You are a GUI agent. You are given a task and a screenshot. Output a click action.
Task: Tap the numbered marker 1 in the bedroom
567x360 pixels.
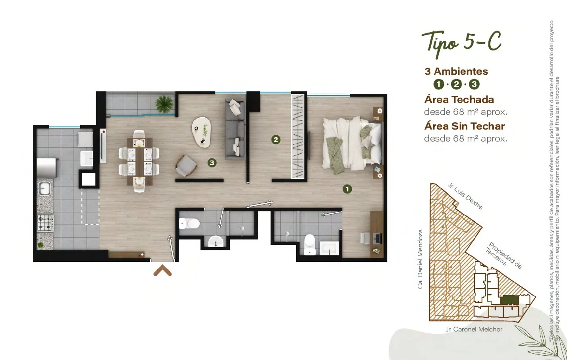tap(347, 189)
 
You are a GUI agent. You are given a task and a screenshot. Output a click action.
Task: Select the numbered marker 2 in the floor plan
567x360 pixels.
tap(276, 139)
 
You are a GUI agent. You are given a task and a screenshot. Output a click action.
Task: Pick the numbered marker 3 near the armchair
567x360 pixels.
tap(212, 163)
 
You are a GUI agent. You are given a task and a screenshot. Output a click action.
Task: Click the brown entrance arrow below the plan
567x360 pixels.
tap(162, 270)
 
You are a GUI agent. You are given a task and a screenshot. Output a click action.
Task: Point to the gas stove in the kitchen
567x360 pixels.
tap(45, 223)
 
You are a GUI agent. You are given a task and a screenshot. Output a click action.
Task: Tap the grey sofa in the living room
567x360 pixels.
tap(235, 129)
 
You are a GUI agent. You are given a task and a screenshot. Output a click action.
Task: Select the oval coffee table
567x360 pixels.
tap(201, 132)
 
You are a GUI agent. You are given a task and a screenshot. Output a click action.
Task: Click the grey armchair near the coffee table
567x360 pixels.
tap(186, 166)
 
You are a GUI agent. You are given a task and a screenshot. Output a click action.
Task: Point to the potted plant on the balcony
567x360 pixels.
tap(164, 104)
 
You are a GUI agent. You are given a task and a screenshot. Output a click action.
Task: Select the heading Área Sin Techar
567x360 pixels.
tap(465, 126)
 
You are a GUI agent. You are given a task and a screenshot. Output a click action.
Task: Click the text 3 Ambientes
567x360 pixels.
tap(456, 72)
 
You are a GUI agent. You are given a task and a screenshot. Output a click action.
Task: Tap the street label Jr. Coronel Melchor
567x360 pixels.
tap(474, 329)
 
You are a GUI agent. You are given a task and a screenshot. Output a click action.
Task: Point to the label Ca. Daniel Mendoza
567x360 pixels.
tap(420, 259)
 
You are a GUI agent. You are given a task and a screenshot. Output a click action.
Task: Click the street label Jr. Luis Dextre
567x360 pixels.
tap(465, 196)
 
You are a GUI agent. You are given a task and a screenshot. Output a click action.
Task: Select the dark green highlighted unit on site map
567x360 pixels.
tap(509, 300)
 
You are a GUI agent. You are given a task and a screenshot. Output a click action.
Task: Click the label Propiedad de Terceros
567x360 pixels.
tap(504, 255)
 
